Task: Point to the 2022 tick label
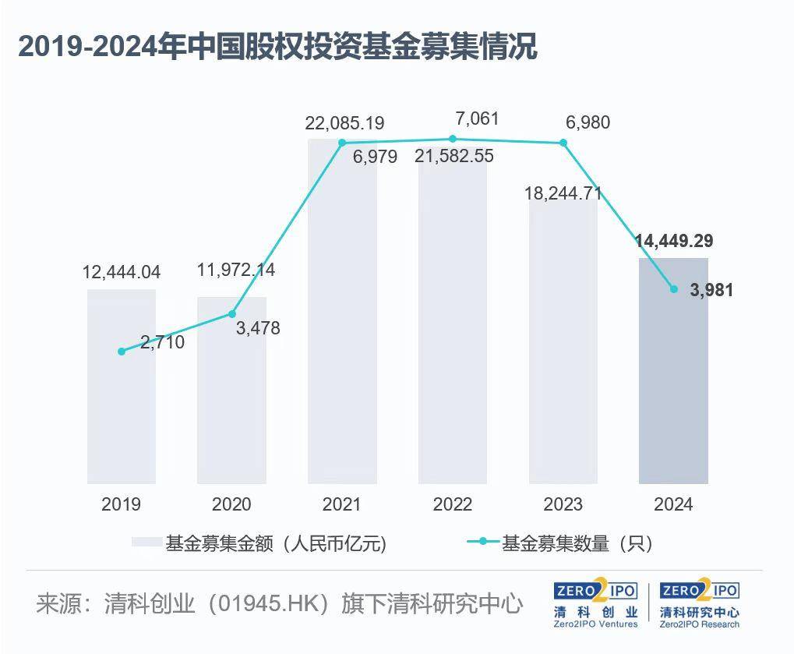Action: [452, 504]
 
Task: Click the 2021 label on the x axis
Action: [342, 504]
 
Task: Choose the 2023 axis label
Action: [563, 504]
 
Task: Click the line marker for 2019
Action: [121, 352]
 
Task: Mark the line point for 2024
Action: [674, 289]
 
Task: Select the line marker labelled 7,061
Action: [453, 139]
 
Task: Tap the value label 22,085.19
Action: [345, 123]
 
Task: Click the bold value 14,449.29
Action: [674, 241]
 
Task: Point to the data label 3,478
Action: [257, 328]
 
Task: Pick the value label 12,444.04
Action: [122, 272]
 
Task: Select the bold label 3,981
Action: [711, 290]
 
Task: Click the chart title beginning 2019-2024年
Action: [277, 46]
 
